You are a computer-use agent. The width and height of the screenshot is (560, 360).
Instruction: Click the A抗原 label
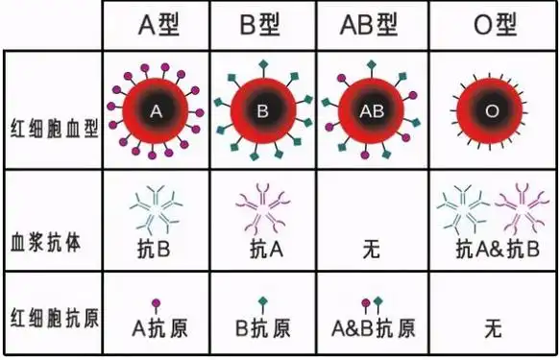coord(159,328)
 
